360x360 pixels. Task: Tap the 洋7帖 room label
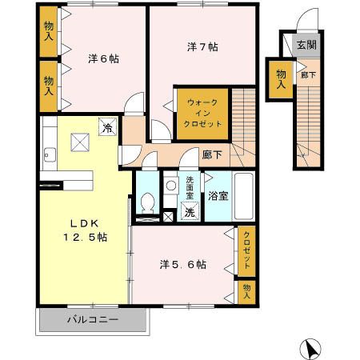click(x=202, y=47)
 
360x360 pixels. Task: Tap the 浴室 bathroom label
click(x=218, y=194)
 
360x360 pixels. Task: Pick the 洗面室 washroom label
click(x=190, y=189)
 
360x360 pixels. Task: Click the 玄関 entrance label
click(x=306, y=45)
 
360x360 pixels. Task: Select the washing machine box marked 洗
click(x=190, y=213)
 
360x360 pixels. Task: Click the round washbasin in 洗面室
click(x=170, y=186)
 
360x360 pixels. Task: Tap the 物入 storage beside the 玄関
click(x=282, y=78)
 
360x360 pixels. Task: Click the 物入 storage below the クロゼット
click(x=246, y=290)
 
